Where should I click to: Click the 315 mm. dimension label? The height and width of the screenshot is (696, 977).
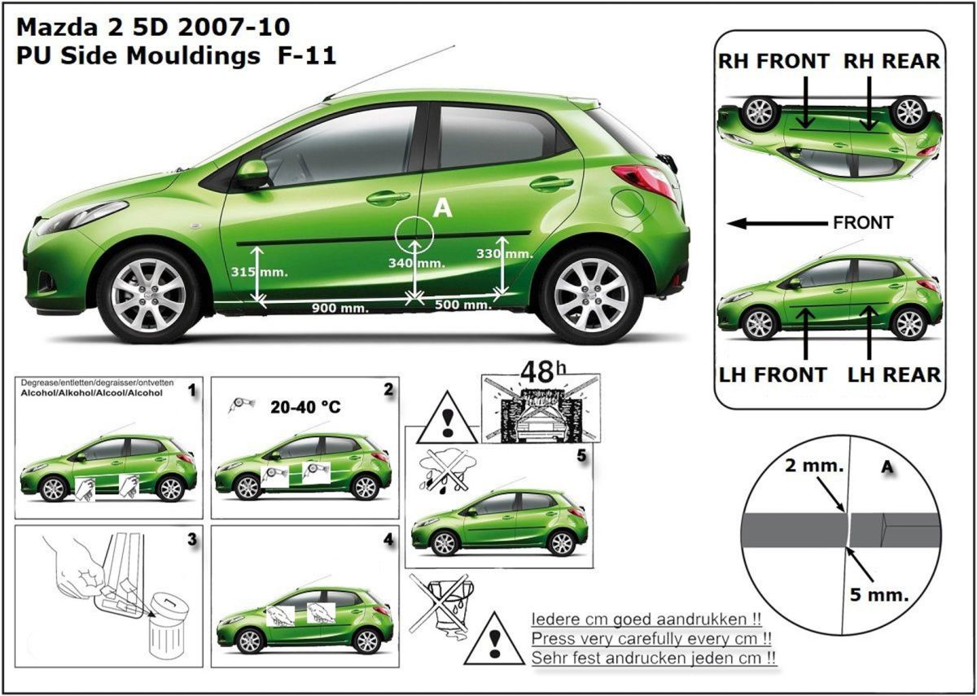[260, 272]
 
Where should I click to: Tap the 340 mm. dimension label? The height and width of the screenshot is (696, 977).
[417, 263]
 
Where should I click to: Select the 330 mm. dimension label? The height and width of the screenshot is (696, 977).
[505, 253]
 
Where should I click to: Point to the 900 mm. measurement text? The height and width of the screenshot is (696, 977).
[340, 309]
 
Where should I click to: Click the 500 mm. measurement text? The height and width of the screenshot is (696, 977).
[463, 304]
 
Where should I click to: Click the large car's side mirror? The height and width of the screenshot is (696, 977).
[252, 173]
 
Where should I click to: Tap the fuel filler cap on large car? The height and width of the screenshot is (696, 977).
[628, 204]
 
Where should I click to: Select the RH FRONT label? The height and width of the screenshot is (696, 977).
[773, 61]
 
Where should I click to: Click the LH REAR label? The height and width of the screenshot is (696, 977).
[894, 375]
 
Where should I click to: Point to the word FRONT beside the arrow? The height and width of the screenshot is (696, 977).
[863, 223]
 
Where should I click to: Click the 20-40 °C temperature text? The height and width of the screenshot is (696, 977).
[305, 407]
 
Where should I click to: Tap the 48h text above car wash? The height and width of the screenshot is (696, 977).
[543, 372]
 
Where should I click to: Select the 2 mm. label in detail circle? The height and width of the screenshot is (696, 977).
[814, 466]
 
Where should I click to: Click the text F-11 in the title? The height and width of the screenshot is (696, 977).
[307, 56]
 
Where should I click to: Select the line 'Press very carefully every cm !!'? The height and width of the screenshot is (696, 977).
[651, 639]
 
